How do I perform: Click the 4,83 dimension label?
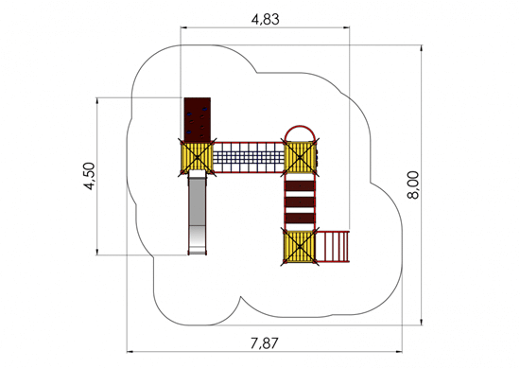pyautogui.click(x=266, y=20)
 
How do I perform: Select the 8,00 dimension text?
pyautogui.click(x=413, y=184)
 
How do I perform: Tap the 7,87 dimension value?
pyautogui.click(x=265, y=343)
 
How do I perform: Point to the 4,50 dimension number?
pyautogui.click(x=89, y=176)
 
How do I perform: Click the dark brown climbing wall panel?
pyautogui.click(x=198, y=120)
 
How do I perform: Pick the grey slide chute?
pyautogui.click(x=197, y=212)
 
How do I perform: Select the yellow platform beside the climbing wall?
pyautogui.click(x=197, y=157)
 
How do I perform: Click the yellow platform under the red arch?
pyautogui.click(x=300, y=157)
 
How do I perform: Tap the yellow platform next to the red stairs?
pyautogui.click(x=300, y=247)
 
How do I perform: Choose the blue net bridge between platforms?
pyautogui.click(x=249, y=157)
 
